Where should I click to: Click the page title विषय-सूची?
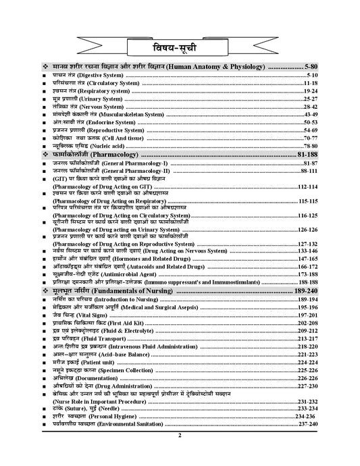click(180, 47)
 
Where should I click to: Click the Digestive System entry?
click(88, 78)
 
